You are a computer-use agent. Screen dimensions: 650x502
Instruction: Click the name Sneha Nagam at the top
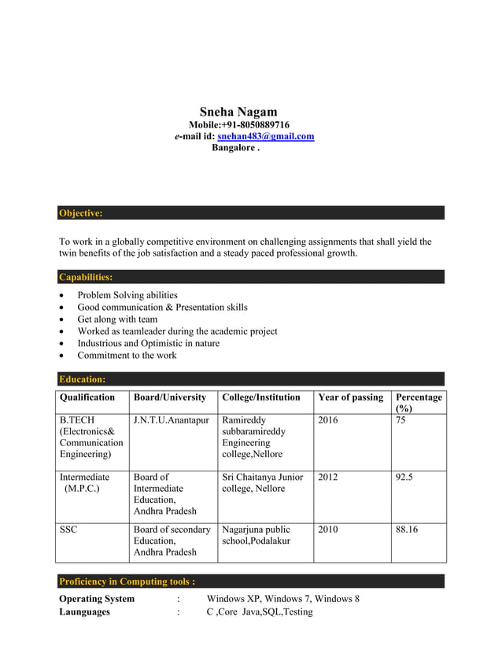point(238,112)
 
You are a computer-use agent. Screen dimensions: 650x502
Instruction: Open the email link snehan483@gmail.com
point(265,136)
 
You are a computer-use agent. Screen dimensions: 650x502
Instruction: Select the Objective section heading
point(81,213)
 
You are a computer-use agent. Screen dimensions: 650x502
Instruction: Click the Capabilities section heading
point(86,277)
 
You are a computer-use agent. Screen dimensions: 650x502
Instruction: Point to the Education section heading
point(83,379)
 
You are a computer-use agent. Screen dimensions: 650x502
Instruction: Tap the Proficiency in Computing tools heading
point(127,582)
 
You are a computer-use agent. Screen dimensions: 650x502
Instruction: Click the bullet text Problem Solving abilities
point(127,295)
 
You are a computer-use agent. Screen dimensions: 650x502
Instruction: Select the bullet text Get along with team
point(117,319)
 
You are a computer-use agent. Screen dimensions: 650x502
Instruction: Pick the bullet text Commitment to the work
point(127,355)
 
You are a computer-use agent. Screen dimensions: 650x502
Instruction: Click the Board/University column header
point(170,397)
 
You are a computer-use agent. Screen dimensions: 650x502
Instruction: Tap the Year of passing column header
point(350,397)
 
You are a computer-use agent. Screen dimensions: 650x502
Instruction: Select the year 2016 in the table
point(328,420)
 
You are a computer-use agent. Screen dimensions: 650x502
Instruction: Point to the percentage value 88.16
point(407,530)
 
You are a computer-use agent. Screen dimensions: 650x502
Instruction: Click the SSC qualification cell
point(68,530)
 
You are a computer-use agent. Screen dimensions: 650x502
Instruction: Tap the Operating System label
point(97,599)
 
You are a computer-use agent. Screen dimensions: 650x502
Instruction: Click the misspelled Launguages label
point(85,611)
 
